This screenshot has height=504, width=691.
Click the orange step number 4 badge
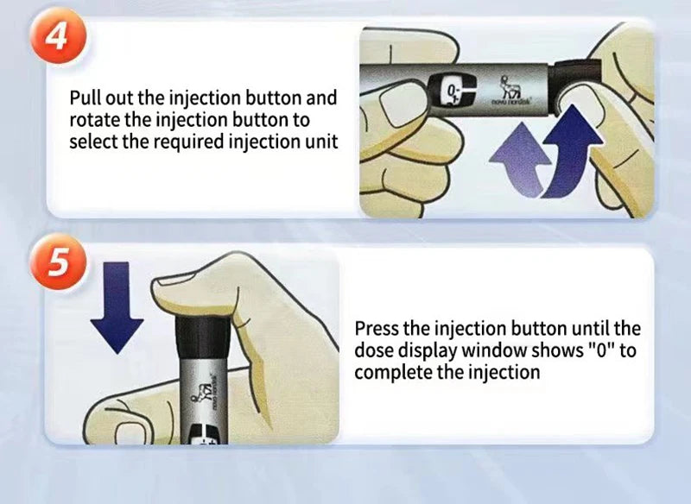click(58, 35)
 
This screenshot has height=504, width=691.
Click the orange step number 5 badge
click(58, 261)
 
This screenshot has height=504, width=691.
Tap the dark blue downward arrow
click(117, 307)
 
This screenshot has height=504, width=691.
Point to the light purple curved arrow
click(520, 160)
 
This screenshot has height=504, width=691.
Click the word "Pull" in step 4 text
click(86, 98)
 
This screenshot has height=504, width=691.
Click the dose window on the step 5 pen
click(206, 434)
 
